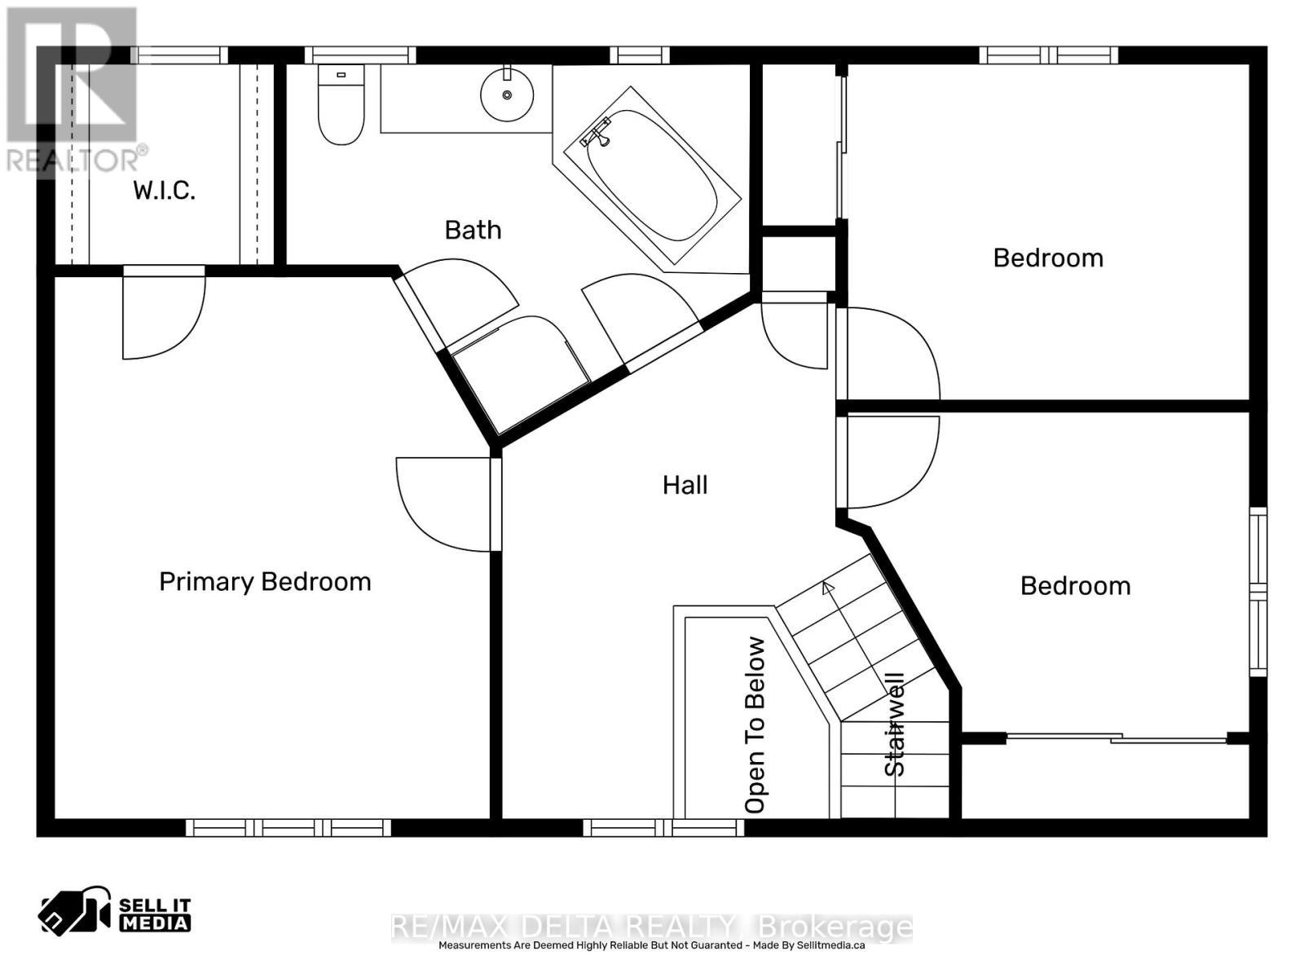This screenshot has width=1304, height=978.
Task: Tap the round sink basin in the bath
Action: tap(507, 95)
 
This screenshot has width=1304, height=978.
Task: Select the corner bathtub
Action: tap(652, 175)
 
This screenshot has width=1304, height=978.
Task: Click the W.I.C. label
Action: tap(164, 191)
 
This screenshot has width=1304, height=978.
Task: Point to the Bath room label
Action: tap(473, 230)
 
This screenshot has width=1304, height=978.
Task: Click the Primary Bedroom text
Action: tap(265, 581)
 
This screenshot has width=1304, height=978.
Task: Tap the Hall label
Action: tap(685, 485)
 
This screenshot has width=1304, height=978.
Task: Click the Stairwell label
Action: tap(895, 724)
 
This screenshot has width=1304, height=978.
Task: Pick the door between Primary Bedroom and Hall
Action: tap(440, 501)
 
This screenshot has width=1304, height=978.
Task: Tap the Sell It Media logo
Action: tap(114, 913)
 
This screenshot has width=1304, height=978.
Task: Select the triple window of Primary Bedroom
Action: tap(289, 828)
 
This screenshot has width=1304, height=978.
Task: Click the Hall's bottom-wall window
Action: tap(663, 828)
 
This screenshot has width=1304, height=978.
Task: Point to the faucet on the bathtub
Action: tap(597, 133)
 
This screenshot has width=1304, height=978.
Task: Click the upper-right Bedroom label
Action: tap(1048, 258)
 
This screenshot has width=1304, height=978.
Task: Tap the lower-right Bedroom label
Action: tap(1075, 585)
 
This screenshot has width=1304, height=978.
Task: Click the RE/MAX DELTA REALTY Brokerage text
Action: tap(652, 927)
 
